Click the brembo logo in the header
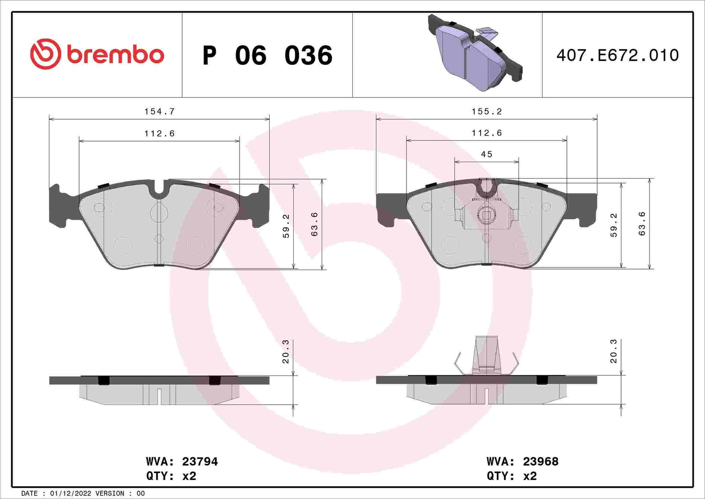tap(97, 54)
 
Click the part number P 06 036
tap(267, 55)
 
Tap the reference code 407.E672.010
tap(617, 55)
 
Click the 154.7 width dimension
tap(159, 111)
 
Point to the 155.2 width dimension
tap(486, 111)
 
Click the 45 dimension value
tap(486, 154)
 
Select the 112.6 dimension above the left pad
tap(159, 133)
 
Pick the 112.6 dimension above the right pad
tap(486, 133)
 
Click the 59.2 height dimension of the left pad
tap(286, 226)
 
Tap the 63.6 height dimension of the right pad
tap(642, 224)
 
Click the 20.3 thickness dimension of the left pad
tap(286, 352)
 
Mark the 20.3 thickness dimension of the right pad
tap(613, 352)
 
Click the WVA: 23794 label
tap(181, 461)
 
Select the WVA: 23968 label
tap(522, 461)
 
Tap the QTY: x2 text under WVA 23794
tap(171, 476)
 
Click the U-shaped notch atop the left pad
tap(159, 189)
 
